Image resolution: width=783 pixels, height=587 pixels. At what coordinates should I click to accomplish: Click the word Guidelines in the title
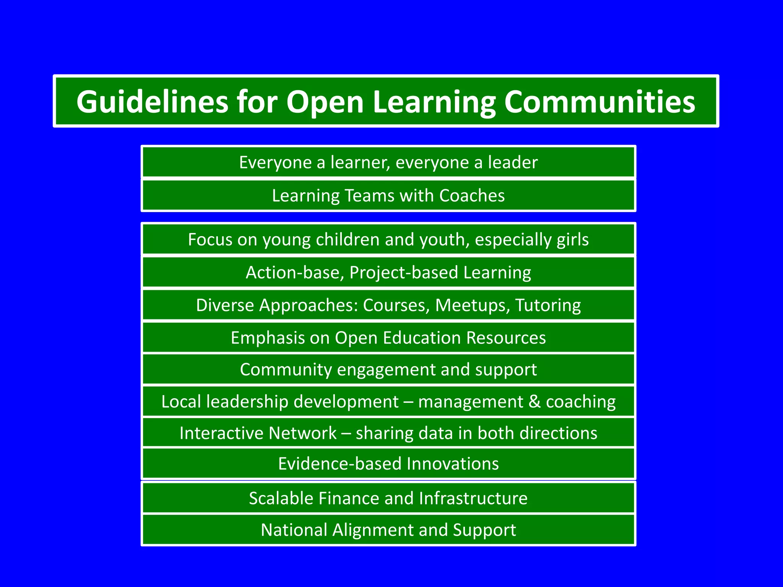(152, 102)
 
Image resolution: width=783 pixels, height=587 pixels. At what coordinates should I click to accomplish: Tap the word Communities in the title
(599, 102)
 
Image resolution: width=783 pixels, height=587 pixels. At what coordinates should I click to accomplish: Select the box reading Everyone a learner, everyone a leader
(388, 162)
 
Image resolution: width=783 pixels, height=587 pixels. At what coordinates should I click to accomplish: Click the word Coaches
(472, 196)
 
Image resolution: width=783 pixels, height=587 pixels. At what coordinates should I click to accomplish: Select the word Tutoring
(548, 306)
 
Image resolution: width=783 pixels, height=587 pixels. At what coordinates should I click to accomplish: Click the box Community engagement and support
(388, 370)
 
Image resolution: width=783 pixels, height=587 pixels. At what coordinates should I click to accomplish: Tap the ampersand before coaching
(534, 402)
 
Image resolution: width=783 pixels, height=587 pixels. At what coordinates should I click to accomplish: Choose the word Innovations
(453, 464)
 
